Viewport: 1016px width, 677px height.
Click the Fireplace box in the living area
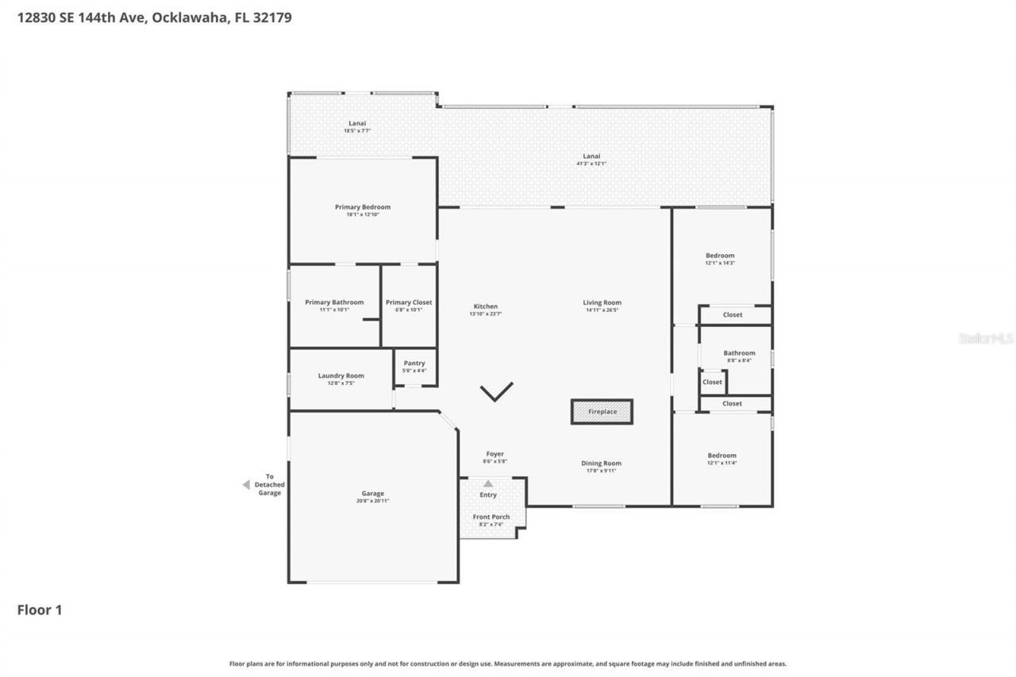click(602, 412)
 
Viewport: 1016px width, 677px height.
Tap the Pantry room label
click(414, 363)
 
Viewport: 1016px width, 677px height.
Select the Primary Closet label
click(409, 302)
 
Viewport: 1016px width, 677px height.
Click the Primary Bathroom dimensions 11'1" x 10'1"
click(334, 310)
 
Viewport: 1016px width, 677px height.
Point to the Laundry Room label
click(341, 375)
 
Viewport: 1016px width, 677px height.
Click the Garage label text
click(372, 493)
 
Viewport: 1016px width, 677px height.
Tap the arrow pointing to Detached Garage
click(246, 484)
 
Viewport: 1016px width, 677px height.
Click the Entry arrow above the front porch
click(488, 483)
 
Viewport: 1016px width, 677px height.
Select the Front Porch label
click(491, 517)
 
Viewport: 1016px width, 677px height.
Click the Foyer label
click(494, 454)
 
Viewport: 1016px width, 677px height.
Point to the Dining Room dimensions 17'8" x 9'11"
click(601, 471)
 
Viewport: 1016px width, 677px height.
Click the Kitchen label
click(485, 306)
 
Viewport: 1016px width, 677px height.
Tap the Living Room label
click(602, 302)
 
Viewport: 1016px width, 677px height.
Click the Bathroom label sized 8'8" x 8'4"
click(739, 353)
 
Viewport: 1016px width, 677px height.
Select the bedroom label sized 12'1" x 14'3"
click(720, 256)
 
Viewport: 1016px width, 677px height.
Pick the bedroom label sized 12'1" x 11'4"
click(722, 456)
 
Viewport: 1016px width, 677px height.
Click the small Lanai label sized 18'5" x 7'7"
click(357, 123)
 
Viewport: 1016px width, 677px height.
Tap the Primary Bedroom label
click(363, 207)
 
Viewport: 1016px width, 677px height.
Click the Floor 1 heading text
click(40, 610)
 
